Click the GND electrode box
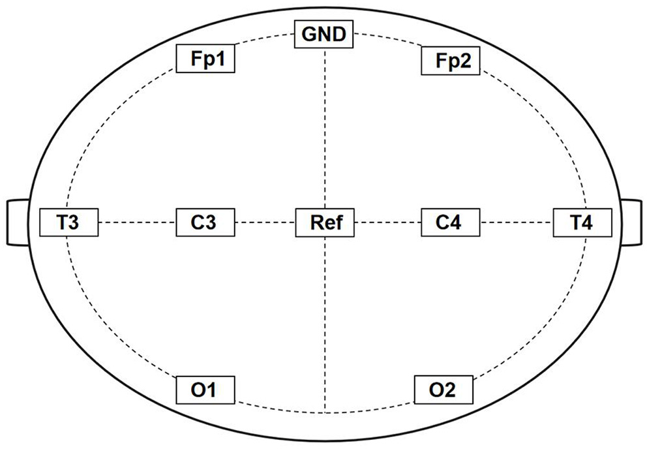click(324, 34)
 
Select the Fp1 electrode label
click(205, 59)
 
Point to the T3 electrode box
click(68, 223)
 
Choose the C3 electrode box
click(205, 223)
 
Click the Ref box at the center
click(324, 223)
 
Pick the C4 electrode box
click(449, 223)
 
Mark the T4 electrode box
click(582, 223)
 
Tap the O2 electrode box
click(444, 390)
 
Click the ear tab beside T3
click(17, 223)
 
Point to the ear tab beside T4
click(631, 223)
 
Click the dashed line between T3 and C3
click(137, 223)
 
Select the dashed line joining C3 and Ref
click(265, 223)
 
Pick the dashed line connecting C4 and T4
click(515, 223)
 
